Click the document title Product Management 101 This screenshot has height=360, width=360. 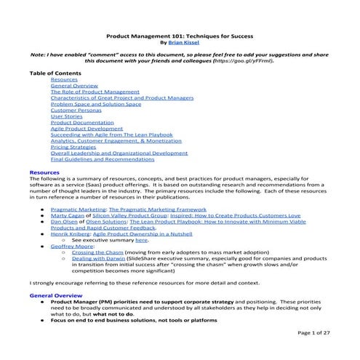click(180, 35)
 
